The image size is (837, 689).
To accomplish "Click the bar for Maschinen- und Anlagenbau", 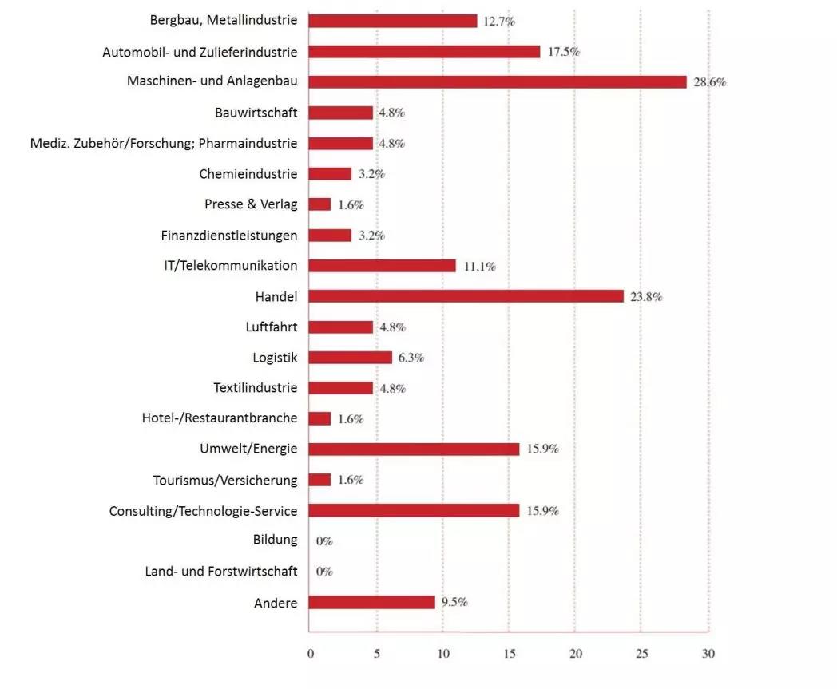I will tap(497, 81).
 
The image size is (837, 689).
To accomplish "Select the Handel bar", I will tap(466, 296).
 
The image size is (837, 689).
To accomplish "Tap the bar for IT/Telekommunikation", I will tap(382, 266).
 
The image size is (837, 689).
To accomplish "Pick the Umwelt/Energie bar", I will tap(414, 449).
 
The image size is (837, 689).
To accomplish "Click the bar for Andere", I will tap(371, 602).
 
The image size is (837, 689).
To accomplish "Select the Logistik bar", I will tap(350, 358).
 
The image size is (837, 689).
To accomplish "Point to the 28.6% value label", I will tap(709, 82).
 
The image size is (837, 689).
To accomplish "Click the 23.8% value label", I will tap(646, 296).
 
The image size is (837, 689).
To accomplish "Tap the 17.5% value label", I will tap(563, 52).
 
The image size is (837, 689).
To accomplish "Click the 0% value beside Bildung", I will tap(324, 541).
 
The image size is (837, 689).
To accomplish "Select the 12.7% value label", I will tap(499, 22).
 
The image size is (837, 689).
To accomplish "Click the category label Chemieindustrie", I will tap(248, 174).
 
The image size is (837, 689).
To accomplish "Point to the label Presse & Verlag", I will tap(250, 204).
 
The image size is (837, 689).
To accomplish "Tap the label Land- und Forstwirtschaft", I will tap(220, 572).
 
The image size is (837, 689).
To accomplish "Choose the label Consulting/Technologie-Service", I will tap(203, 510).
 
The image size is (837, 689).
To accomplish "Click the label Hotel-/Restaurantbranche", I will tap(219, 418).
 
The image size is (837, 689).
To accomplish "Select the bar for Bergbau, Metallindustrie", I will tap(392, 21).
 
